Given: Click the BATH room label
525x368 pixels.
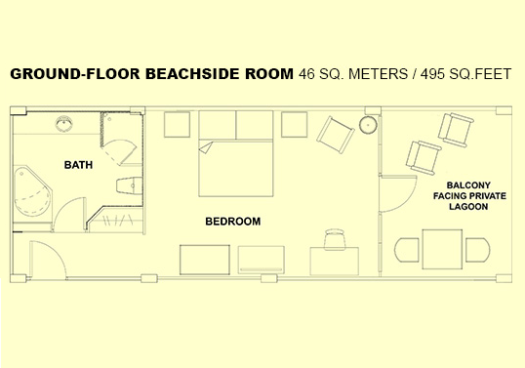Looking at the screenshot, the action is pyautogui.click(x=78, y=165).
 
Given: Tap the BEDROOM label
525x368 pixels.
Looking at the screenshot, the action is pyautogui.click(x=232, y=222).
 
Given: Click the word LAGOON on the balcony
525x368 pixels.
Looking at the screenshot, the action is pyautogui.click(x=468, y=207).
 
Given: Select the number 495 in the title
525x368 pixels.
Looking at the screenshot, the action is pyautogui.click(x=432, y=74).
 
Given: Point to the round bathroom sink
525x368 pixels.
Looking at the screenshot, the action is pyautogui.click(x=63, y=124).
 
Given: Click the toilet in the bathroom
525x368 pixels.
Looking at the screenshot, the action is pyautogui.click(x=130, y=185).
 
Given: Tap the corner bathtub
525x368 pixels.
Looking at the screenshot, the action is pyautogui.click(x=32, y=191).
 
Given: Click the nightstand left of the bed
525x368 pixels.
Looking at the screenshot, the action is pyautogui.click(x=178, y=125).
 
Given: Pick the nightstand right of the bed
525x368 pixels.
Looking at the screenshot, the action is pyautogui.click(x=295, y=125).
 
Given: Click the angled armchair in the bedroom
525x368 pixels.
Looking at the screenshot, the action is pyautogui.click(x=336, y=135).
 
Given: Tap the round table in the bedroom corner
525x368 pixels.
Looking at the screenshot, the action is pyautogui.click(x=368, y=125).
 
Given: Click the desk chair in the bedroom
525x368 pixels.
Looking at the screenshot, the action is pyautogui.click(x=335, y=239).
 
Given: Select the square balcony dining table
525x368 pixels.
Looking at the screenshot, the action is pyautogui.click(x=442, y=249).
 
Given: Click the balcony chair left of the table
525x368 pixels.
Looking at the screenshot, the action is pyautogui.click(x=407, y=250).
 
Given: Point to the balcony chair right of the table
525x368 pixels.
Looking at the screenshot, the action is pyautogui.click(x=478, y=250).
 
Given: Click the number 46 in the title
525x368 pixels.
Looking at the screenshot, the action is pyautogui.click(x=306, y=74).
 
